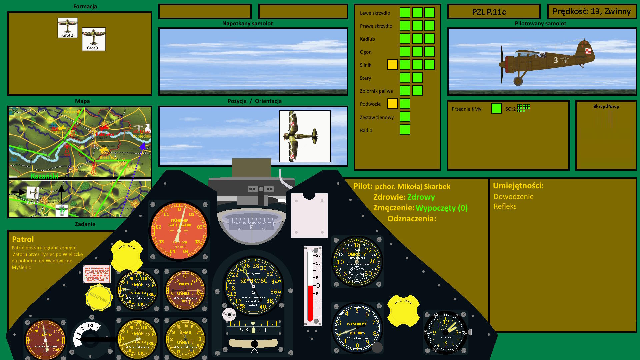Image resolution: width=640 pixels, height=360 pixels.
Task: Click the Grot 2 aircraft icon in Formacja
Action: pyautogui.click(x=67, y=28)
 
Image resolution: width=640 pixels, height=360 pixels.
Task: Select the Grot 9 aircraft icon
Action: pyautogui.click(x=94, y=39)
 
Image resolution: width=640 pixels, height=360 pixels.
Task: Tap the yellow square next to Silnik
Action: pyautogui.click(x=392, y=65)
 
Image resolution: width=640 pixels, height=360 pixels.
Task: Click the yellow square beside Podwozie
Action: pyautogui.click(x=392, y=104)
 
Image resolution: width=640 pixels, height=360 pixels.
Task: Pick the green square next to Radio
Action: pyautogui.click(x=405, y=130)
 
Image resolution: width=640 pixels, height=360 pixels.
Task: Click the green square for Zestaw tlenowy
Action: pyautogui.click(x=405, y=117)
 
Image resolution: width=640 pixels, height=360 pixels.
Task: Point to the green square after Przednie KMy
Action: pyautogui.click(x=496, y=108)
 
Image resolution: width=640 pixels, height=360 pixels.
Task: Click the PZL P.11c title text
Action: pyautogui.click(x=489, y=12)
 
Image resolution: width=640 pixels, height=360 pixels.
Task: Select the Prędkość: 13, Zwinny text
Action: pyautogui.click(x=591, y=11)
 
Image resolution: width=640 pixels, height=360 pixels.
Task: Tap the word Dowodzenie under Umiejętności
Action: pyautogui.click(x=513, y=197)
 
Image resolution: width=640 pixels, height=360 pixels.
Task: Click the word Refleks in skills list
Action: pyautogui.click(x=505, y=206)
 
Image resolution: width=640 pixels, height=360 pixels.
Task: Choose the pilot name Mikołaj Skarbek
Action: pyautogui.click(x=413, y=187)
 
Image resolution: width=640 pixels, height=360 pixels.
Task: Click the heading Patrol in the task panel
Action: pyautogui.click(x=23, y=239)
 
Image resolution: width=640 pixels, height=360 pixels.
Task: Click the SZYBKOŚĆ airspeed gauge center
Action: pyautogui.click(x=253, y=286)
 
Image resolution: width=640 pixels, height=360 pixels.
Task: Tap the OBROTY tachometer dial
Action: pyautogui.click(x=357, y=262)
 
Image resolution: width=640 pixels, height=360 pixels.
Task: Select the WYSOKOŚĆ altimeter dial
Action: pyautogui.click(x=357, y=328)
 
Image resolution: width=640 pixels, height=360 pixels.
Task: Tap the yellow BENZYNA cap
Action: pyautogui.click(x=99, y=297)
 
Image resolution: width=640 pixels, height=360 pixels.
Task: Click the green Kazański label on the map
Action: pyautogui.click(x=44, y=176)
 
